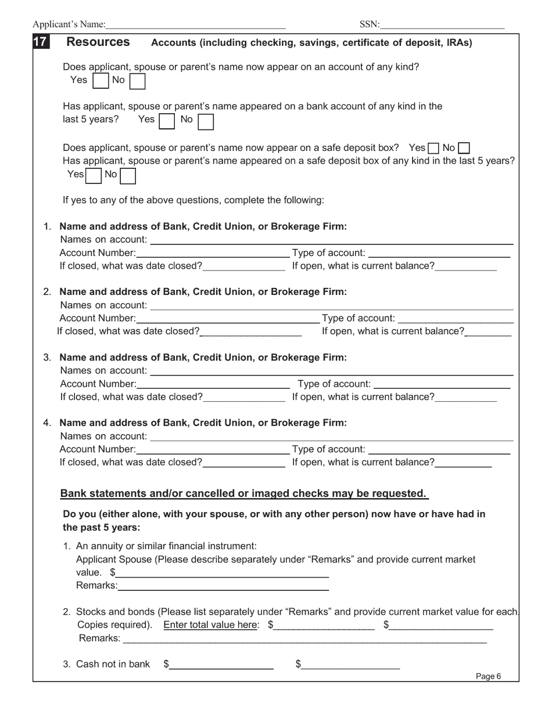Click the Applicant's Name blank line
(196, 24)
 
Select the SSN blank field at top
(442, 24)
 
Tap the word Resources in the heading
(98, 42)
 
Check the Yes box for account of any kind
(101, 81)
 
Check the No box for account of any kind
(137, 81)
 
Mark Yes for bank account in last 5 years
(167, 121)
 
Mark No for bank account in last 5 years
(206, 121)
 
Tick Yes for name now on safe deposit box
(433, 148)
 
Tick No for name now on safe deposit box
(464, 148)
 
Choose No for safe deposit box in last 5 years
(128, 175)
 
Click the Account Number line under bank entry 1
(213, 253)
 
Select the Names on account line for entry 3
(331, 371)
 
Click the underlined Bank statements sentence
(244, 493)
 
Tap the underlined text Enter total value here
(211, 625)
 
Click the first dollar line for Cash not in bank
(221, 665)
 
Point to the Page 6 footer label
(488, 676)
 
